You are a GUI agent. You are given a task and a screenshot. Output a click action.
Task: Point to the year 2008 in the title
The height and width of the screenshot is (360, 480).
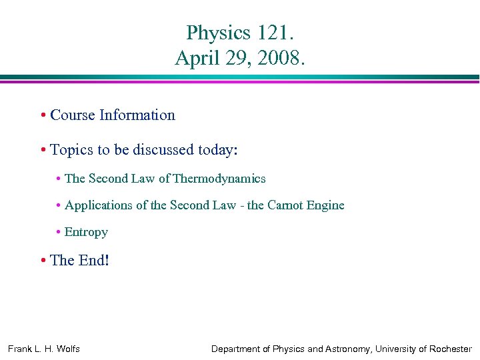click(282, 58)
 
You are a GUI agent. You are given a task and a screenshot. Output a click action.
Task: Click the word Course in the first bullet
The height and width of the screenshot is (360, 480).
click(73, 115)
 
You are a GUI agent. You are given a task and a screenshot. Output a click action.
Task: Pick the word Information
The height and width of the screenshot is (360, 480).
click(137, 115)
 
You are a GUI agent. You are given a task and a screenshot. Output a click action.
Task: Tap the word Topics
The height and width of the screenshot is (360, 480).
click(71, 150)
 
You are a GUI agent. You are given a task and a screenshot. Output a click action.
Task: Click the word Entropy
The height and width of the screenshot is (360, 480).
click(86, 232)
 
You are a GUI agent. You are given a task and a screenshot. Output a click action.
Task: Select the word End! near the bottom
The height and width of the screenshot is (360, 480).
click(93, 260)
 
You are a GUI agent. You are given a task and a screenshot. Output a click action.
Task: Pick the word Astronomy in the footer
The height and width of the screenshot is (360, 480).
click(345, 349)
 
